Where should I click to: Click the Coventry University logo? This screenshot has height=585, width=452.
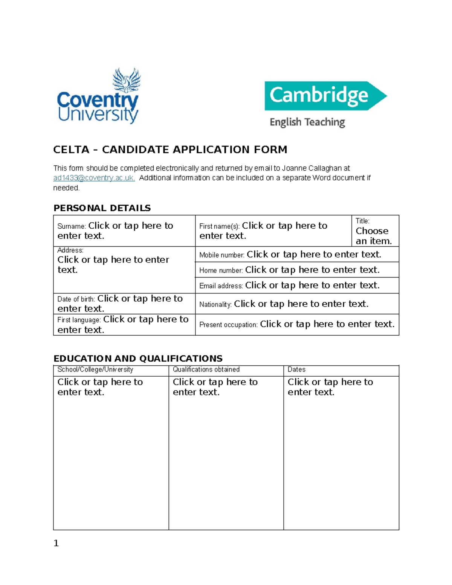(98, 96)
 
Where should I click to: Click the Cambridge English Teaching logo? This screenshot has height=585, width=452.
(325, 104)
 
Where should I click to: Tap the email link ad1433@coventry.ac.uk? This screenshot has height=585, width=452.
(94, 178)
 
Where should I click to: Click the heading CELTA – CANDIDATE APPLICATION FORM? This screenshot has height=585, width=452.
(170, 150)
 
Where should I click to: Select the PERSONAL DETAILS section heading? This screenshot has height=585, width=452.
(102, 208)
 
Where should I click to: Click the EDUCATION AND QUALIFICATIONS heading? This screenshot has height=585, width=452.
(138, 358)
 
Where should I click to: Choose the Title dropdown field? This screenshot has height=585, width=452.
(374, 236)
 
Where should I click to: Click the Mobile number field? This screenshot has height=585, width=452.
(314, 255)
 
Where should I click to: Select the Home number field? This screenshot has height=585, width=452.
(312, 270)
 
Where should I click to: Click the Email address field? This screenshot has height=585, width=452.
(312, 286)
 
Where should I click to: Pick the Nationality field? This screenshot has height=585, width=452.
(301, 304)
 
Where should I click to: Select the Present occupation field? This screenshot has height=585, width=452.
(327, 324)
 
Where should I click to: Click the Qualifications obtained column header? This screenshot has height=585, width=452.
(206, 370)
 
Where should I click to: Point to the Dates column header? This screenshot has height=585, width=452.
(296, 370)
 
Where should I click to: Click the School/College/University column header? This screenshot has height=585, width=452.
(95, 370)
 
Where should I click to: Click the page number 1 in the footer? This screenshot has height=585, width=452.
(56, 543)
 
